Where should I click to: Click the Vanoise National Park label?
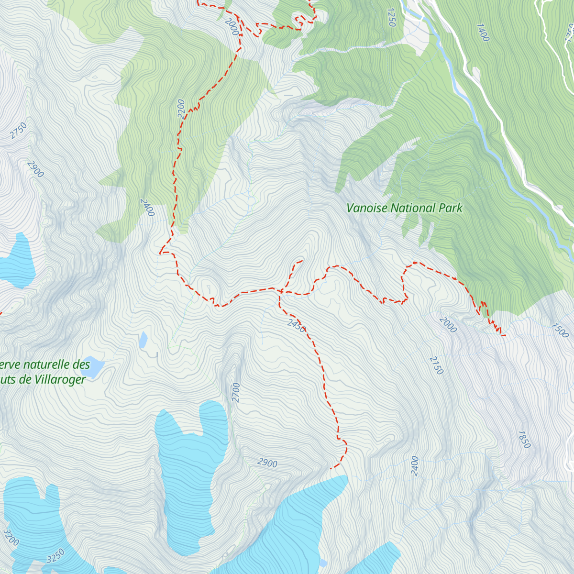(x=404, y=208)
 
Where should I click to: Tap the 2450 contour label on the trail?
(x=296, y=325)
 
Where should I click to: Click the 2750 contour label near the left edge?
(x=19, y=131)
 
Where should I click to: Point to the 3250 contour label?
(x=55, y=556)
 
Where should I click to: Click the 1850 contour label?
(x=524, y=439)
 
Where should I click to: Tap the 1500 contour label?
(x=559, y=330)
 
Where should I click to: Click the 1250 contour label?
(x=391, y=17)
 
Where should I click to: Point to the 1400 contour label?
(x=483, y=32)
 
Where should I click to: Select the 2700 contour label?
(x=236, y=392)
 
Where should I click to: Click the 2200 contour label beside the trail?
(x=180, y=108)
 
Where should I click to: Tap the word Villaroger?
(x=57, y=380)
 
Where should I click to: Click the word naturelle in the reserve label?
(x=47, y=364)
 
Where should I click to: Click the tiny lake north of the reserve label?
(x=143, y=340)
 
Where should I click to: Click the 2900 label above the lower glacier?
(x=267, y=463)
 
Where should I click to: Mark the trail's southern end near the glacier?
(x=331, y=468)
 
